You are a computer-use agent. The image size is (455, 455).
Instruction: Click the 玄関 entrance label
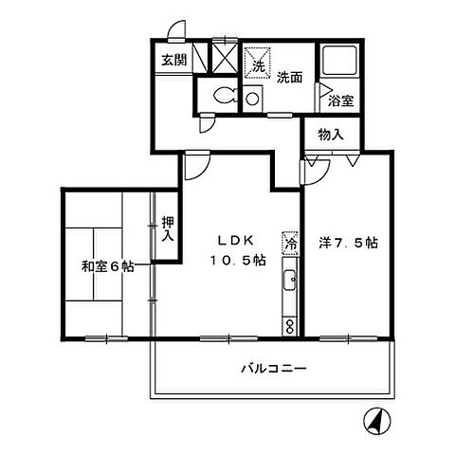[x=172, y=61]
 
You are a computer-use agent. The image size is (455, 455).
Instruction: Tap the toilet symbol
[x=223, y=96]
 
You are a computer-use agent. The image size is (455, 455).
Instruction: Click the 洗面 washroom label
[x=289, y=79]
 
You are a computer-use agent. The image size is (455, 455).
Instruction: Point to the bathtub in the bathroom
[x=337, y=63]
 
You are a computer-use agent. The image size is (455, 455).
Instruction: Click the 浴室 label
[x=340, y=99]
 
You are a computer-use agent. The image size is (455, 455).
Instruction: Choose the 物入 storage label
[x=331, y=136]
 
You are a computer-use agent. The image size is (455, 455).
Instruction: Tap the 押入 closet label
[x=168, y=227]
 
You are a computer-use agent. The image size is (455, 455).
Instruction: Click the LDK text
[x=236, y=241]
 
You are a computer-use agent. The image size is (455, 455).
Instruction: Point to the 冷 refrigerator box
[x=290, y=243]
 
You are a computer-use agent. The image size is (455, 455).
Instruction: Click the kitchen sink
[x=290, y=282]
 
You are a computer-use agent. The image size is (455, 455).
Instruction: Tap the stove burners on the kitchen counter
[x=290, y=325]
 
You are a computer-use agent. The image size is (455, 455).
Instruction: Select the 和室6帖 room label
[x=106, y=266]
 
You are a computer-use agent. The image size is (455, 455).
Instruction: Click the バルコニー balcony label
[x=273, y=369]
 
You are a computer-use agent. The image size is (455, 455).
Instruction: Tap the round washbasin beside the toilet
[x=253, y=97]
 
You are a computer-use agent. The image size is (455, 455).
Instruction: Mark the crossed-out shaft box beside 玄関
[x=224, y=58]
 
